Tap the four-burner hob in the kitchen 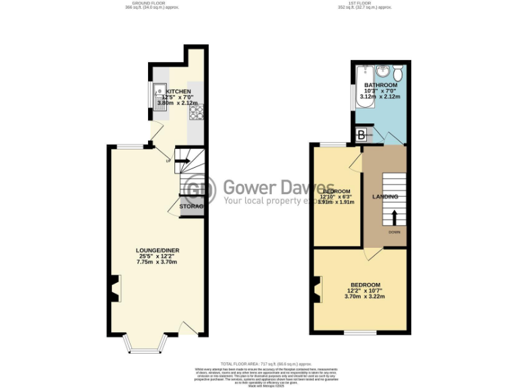point(197,113)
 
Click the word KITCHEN point(179,92)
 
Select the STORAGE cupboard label point(191,206)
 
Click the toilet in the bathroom point(398,71)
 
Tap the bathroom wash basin point(382,71)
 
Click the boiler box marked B point(361,136)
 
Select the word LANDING point(385,197)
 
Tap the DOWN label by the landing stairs point(394,232)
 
